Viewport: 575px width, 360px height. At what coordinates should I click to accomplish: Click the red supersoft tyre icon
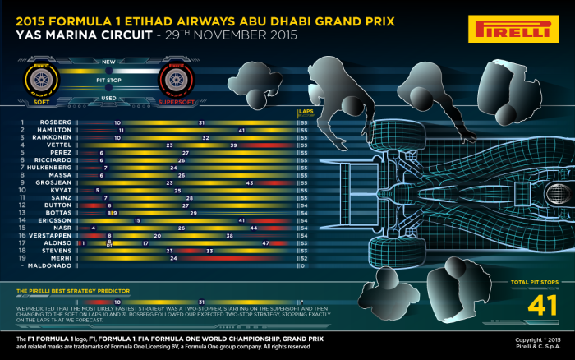tap(176, 81)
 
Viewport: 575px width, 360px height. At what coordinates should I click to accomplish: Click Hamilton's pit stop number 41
tap(241, 130)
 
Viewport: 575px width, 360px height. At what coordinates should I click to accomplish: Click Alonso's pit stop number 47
tap(265, 243)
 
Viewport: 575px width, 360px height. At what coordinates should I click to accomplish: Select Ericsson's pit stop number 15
tap(138, 220)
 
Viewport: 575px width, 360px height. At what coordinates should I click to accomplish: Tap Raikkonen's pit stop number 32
tap(205, 137)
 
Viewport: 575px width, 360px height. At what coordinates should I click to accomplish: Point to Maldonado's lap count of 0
tap(304, 265)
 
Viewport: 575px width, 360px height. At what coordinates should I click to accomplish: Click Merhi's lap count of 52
tap(304, 258)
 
